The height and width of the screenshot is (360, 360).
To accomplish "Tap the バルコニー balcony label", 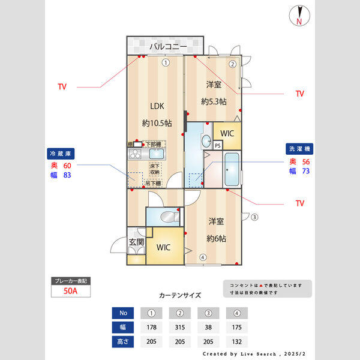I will coord(168,46).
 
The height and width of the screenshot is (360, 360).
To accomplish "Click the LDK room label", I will coord(157,106).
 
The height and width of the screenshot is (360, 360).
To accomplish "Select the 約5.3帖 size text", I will coord(214,101).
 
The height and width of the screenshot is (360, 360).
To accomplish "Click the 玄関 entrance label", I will coord(136,242).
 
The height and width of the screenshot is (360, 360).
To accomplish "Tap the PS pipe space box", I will coord(218,145).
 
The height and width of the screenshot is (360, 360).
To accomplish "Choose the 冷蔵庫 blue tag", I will coord(61,153).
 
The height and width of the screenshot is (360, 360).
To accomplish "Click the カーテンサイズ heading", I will coord(180,295).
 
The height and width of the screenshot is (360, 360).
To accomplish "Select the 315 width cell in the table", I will coord(179,328).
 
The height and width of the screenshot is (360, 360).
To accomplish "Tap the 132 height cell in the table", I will coord(237,342).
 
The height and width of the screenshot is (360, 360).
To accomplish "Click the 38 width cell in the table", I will coord(208,328).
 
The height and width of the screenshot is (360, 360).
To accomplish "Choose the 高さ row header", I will coord(122,342).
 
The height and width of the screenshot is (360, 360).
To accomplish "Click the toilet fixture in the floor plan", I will coord(170,215).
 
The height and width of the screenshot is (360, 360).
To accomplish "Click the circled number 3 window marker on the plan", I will coord(254,217).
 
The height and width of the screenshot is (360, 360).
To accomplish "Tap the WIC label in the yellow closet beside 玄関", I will coord(164,247).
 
